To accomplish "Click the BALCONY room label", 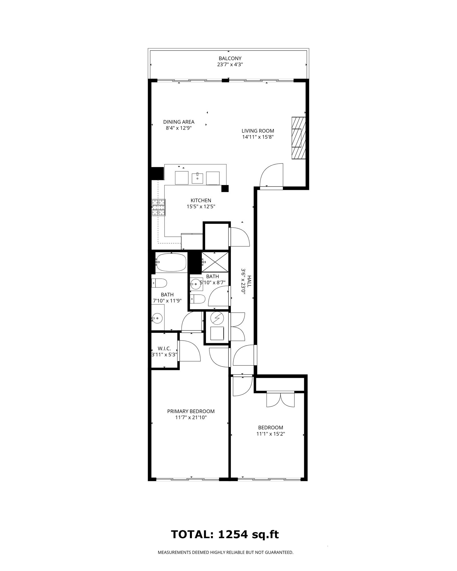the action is pos(230,59).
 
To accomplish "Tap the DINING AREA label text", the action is pos(179,122).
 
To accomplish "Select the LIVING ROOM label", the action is pos(258,131).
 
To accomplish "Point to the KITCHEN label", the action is pos(201,200).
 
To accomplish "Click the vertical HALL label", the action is pos(249,281).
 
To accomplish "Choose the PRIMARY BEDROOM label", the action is pos(191,411).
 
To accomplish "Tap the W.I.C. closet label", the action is pos(164,349).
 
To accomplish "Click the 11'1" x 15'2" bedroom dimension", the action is pos(271,434).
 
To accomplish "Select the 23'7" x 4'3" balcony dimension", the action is pos(230,65).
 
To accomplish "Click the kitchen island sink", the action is pos(197,178).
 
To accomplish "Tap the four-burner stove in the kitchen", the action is pos(159,208).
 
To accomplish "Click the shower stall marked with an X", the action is pos(215,262).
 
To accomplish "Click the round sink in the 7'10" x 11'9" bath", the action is pos(157,318).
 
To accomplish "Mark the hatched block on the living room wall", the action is pos(298,138).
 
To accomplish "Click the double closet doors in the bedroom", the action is pos(280,399).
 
